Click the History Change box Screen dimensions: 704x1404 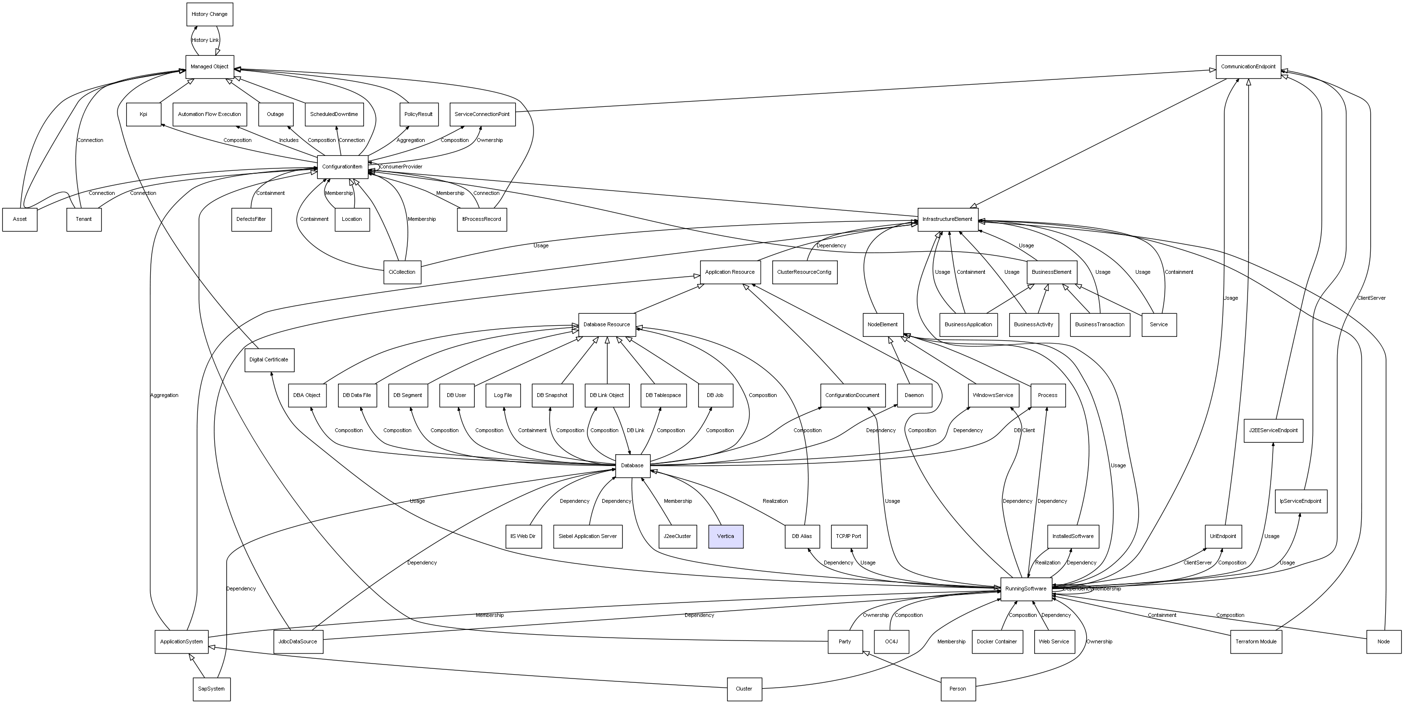pos(209,14)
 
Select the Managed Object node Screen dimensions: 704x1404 pos(209,66)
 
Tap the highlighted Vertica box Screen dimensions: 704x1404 pos(726,536)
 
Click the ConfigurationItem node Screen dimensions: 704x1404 pos(342,166)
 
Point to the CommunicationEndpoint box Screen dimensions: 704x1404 pos(1248,66)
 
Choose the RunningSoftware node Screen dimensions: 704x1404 pos(1026,589)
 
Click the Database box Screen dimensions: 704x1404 pos(632,465)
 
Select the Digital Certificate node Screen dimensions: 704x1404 pos(269,359)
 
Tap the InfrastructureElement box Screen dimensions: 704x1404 pos(947,219)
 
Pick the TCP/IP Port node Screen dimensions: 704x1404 pos(849,536)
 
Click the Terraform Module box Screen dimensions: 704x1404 pos(1256,641)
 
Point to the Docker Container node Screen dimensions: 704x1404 pos(996,641)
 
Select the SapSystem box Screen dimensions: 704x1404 pos(211,689)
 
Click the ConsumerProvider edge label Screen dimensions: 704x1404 pos(401,166)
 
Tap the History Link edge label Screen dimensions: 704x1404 pos(205,40)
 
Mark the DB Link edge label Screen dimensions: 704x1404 pos(636,431)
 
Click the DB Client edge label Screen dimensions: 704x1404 pos(1024,431)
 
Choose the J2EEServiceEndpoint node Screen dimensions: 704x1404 pos(1273,431)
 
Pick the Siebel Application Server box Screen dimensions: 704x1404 pos(587,536)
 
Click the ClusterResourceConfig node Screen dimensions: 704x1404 pos(804,272)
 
